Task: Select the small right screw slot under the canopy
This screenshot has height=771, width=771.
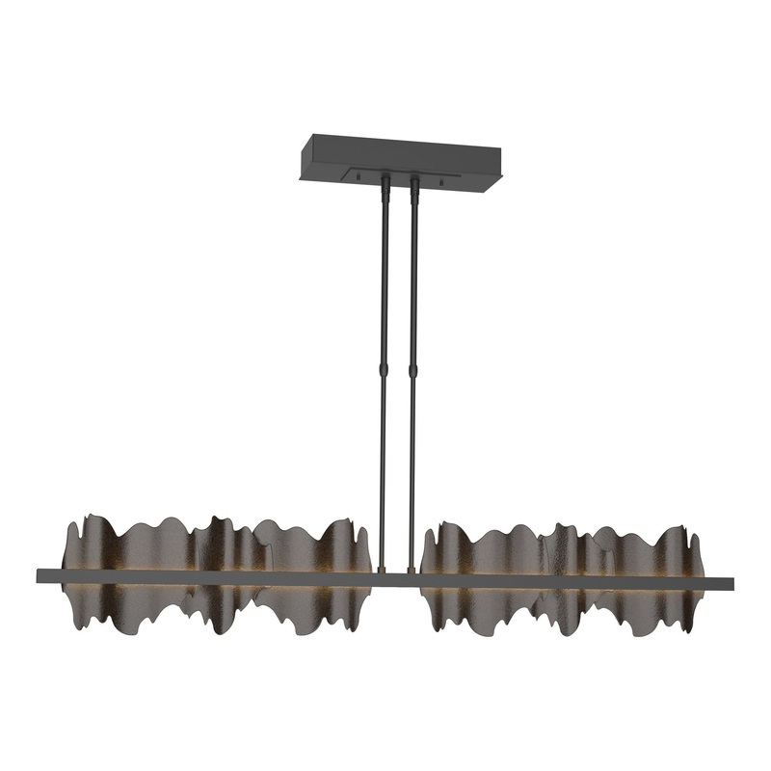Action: [x=442, y=183]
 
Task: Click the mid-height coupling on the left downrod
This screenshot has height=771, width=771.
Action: [x=385, y=370]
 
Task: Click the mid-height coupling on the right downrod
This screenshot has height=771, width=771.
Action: [x=414, y=370]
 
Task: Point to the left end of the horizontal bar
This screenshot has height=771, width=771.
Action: [x=40, y=575]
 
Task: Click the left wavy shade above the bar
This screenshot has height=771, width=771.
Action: [x=212, y=545]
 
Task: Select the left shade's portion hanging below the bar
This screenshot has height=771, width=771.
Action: [x=212, y=607]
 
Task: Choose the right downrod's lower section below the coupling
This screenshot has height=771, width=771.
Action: [x=413, y=463]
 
